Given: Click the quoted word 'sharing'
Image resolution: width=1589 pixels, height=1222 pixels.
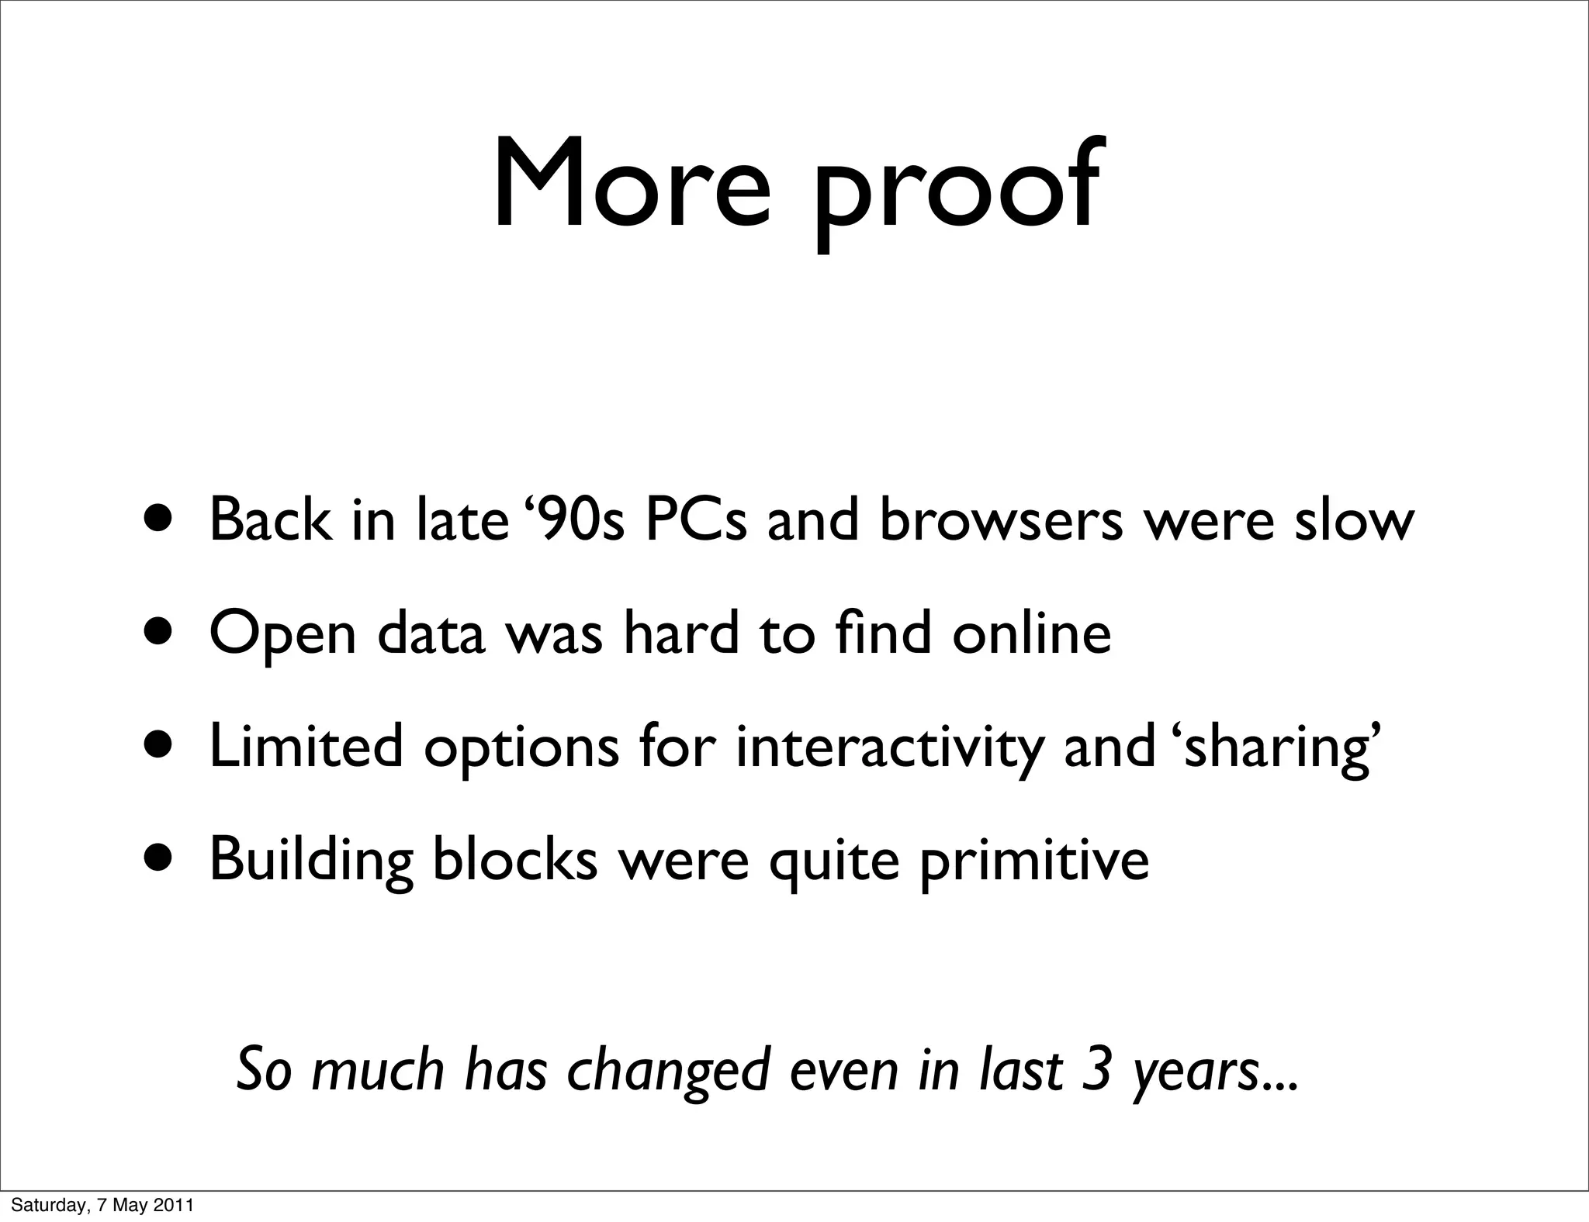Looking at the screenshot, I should click(x=1279, y=748).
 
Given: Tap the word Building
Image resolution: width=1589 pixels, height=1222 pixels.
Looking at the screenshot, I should click(x=311, y=861).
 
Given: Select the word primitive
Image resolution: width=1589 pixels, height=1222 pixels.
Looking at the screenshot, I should click(x=1034, y=861).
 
